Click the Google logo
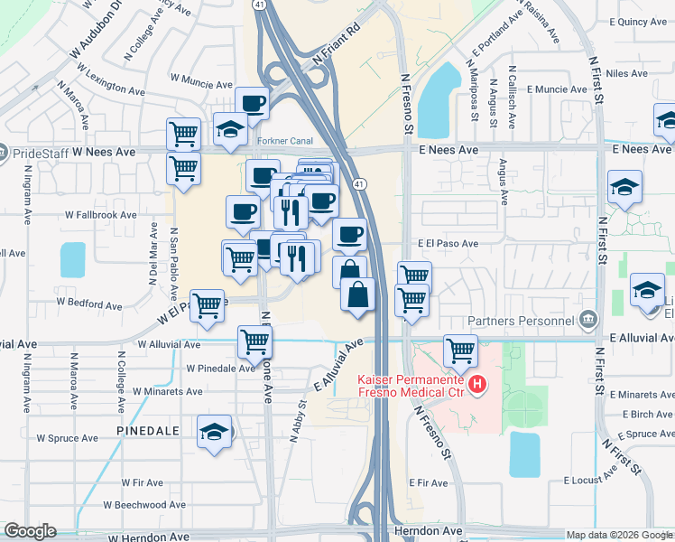[x=30, y=531]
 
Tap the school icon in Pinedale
[x=215, y=432]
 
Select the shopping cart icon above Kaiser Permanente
[x=460, y=349]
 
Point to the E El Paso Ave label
[x=448, y=244]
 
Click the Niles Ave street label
[x=628, y=73]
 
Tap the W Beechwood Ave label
[x=144, y=505]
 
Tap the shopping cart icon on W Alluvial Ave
[x=254, y=341]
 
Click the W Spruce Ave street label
[x=66, y=438]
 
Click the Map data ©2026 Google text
[x=618, y=535]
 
